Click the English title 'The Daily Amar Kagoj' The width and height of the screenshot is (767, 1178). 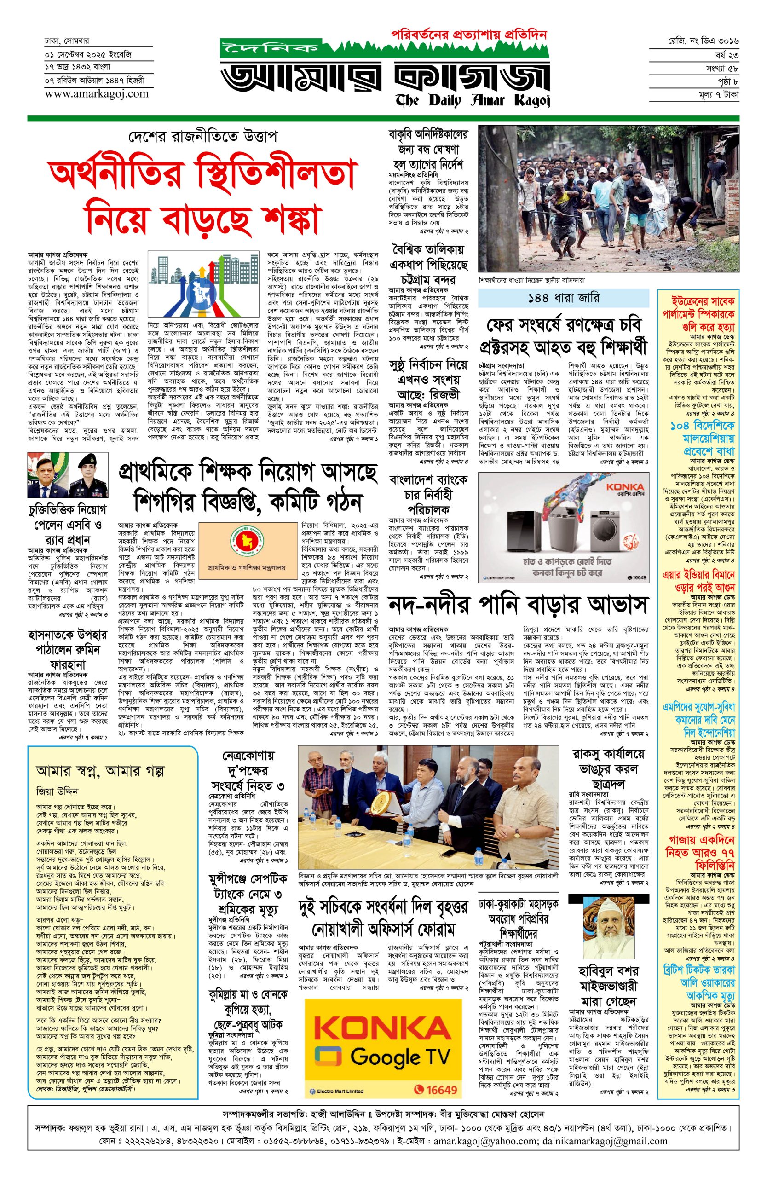(472, 100)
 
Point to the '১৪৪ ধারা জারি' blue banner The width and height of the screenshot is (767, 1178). (563, 299)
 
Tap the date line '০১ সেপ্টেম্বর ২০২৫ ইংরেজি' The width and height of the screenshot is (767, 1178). (87, 53)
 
